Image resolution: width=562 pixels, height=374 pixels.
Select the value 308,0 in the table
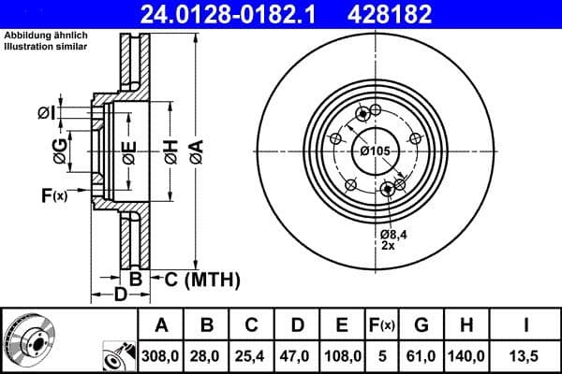(x=162, y=355)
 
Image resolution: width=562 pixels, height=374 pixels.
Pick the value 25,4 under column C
(x=252, y=355)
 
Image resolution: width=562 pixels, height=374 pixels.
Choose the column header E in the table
(x=342, y=325)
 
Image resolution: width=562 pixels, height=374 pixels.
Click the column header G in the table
(x=421, y=325)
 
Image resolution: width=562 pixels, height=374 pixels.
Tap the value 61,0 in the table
(x=421, y=355)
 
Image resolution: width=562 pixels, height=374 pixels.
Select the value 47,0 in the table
(x=297, y=355)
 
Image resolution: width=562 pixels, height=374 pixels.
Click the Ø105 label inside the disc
(x=374, y=152)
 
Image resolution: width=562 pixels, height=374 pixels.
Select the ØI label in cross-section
(x=46, y=113)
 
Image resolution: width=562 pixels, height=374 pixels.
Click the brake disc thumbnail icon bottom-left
(x=29, y=339)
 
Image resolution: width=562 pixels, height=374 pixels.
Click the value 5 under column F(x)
(x=382, y=355)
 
